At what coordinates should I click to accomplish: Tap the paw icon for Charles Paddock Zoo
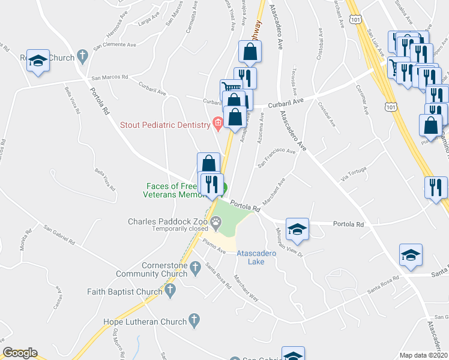pos(214,221)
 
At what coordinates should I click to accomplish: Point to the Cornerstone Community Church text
pos(161,269)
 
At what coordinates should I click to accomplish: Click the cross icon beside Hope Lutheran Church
pos(193,322)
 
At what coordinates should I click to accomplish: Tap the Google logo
pos(20,353)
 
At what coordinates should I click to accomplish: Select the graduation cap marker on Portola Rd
pos(297,229)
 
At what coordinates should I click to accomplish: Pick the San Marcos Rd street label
pos(110,77)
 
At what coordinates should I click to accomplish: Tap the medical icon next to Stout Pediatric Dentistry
pos(217,125)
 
